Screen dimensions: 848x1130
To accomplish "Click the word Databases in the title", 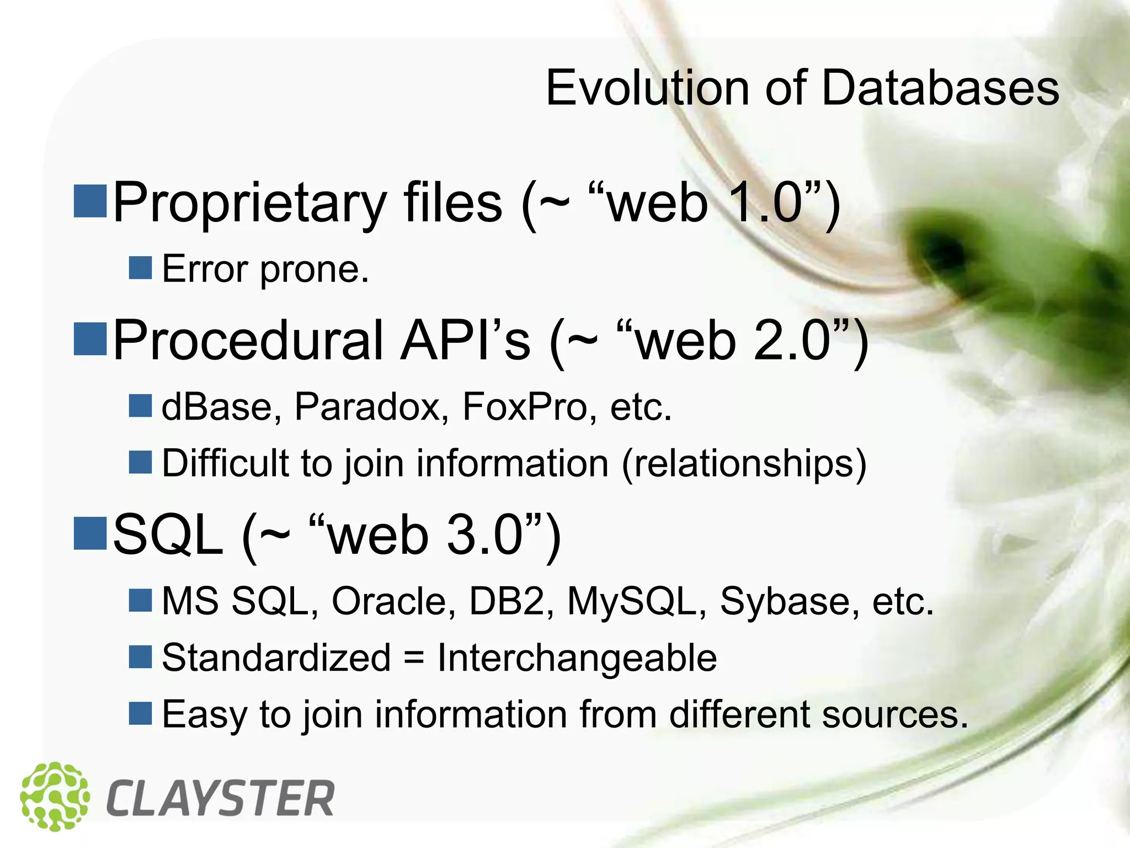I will [x=940, y=88].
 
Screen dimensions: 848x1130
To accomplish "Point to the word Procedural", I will [x=248, y=341].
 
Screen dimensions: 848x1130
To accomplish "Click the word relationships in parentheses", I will [x=744, y=463].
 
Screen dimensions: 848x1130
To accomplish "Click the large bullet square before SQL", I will [x=90, y=533].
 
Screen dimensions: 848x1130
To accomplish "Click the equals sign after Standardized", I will [x=414, y=658].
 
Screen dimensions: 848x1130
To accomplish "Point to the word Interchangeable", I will [x=577, y=658].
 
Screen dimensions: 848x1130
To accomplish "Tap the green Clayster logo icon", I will [x=55, y=796].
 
